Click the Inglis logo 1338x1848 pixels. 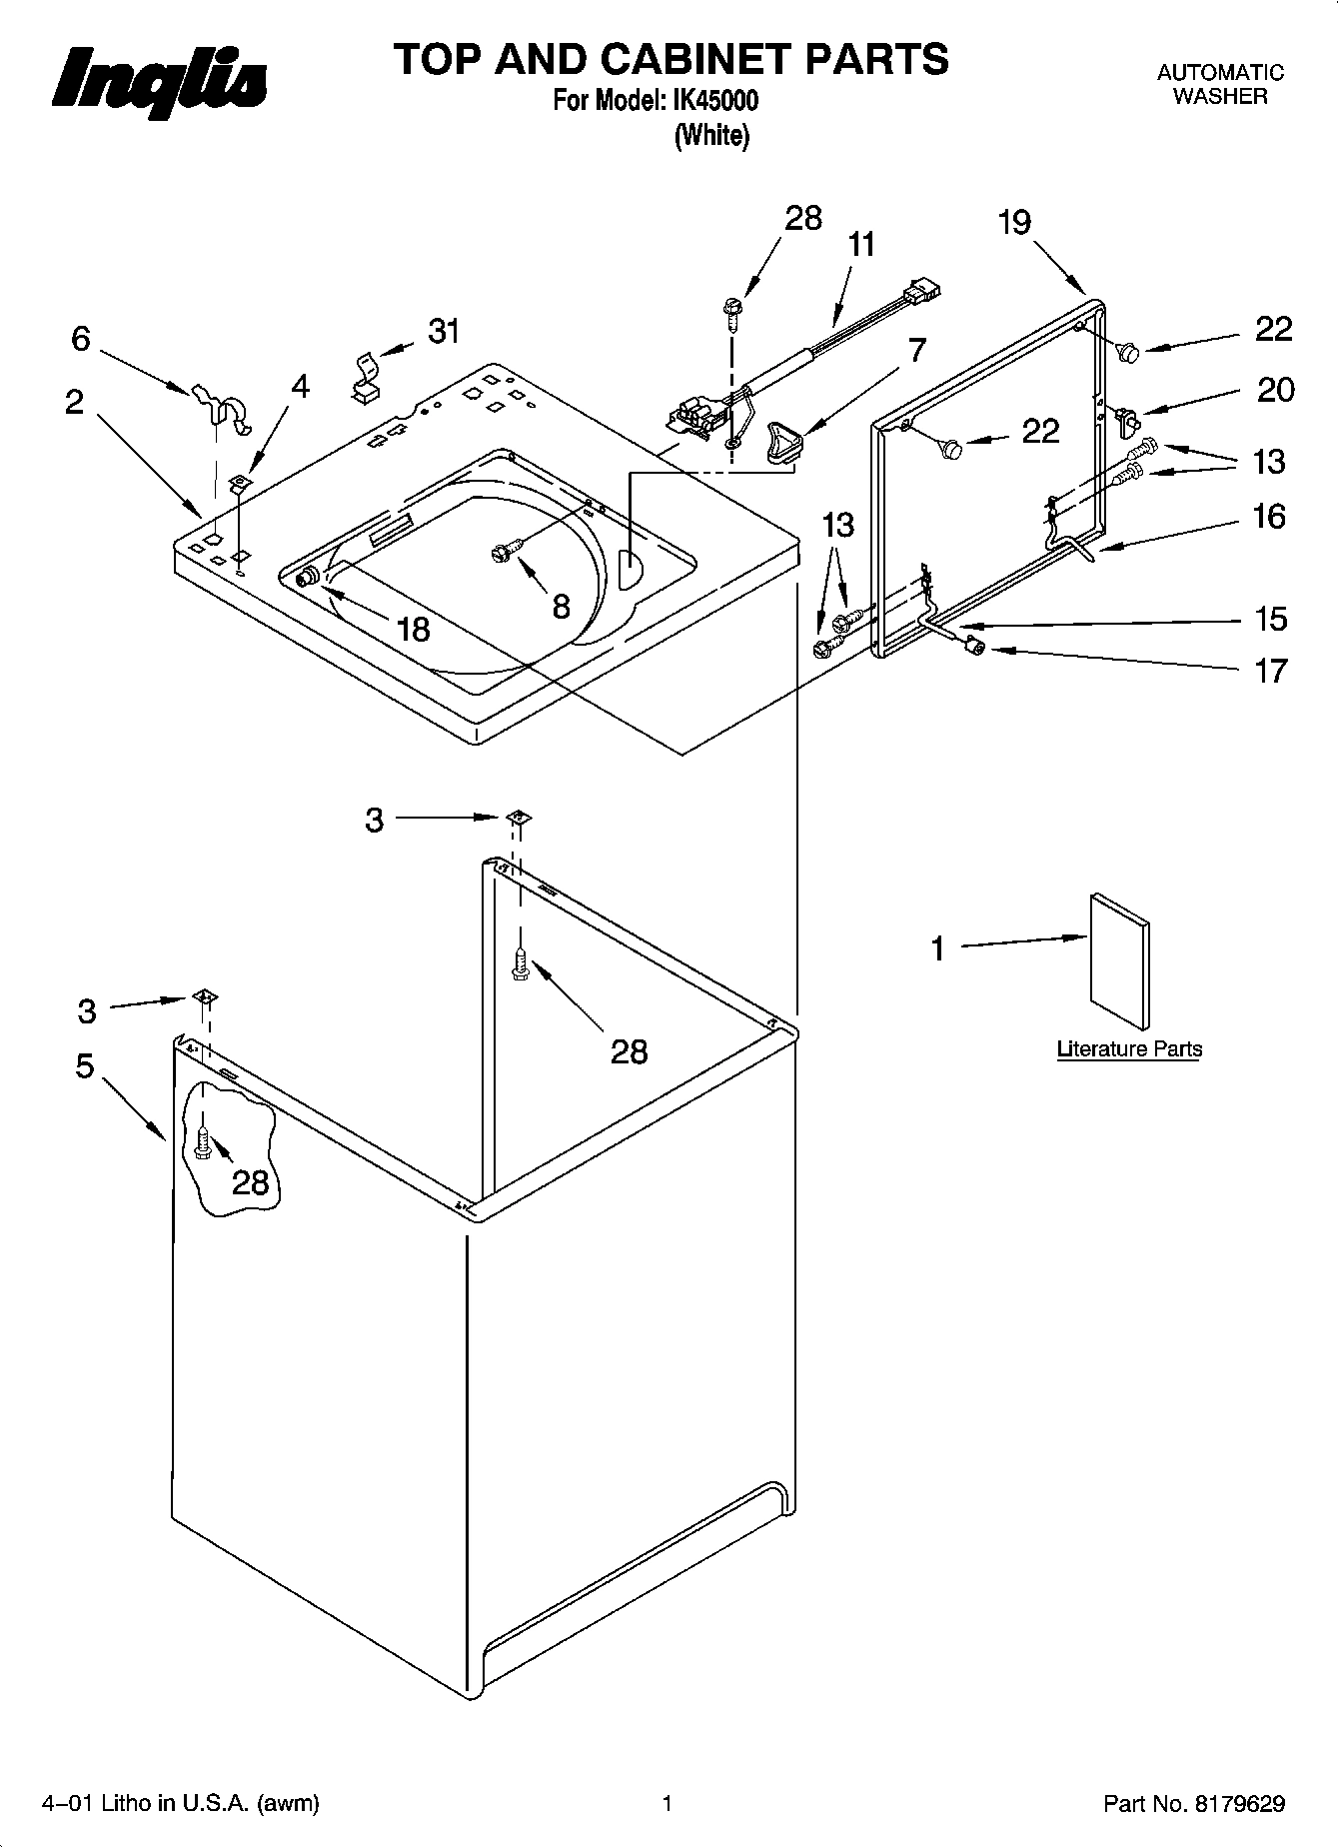160,80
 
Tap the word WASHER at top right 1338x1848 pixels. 1219,97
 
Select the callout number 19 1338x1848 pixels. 1013,222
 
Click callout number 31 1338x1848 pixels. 444,331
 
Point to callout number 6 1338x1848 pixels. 80,340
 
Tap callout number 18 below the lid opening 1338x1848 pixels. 413,629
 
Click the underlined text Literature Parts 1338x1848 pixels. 1129,1049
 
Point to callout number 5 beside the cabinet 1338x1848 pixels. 85,1066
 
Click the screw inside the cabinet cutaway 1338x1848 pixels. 203,1143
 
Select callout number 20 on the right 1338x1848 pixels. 1275,390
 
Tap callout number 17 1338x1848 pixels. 1270,670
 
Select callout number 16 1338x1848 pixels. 1269,517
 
